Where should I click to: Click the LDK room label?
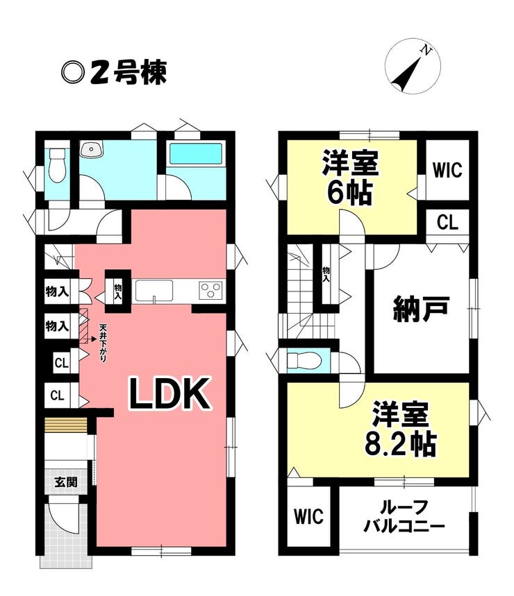tap(170, 394)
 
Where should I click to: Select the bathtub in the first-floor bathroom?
tap(196, 153)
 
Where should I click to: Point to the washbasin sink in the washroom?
tap(92, 149)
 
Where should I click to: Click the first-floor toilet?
tap(58, 165)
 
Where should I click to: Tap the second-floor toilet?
tap(304, 360)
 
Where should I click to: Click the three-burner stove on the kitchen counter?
tap(210, 291)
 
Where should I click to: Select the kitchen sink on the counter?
tap(154, 291)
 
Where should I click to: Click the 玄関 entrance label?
tap(66, 482)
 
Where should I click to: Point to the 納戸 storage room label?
tap(421, 309)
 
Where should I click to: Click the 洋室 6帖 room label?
tap(350, 178)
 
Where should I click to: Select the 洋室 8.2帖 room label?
tap(400, 428)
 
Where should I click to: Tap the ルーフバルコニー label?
tap(404, 517)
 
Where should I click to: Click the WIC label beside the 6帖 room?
tap(447, 169)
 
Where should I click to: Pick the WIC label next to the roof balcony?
tap(308, 517)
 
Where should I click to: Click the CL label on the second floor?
tap(447, 222)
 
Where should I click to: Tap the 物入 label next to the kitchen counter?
tap(118, 291)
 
